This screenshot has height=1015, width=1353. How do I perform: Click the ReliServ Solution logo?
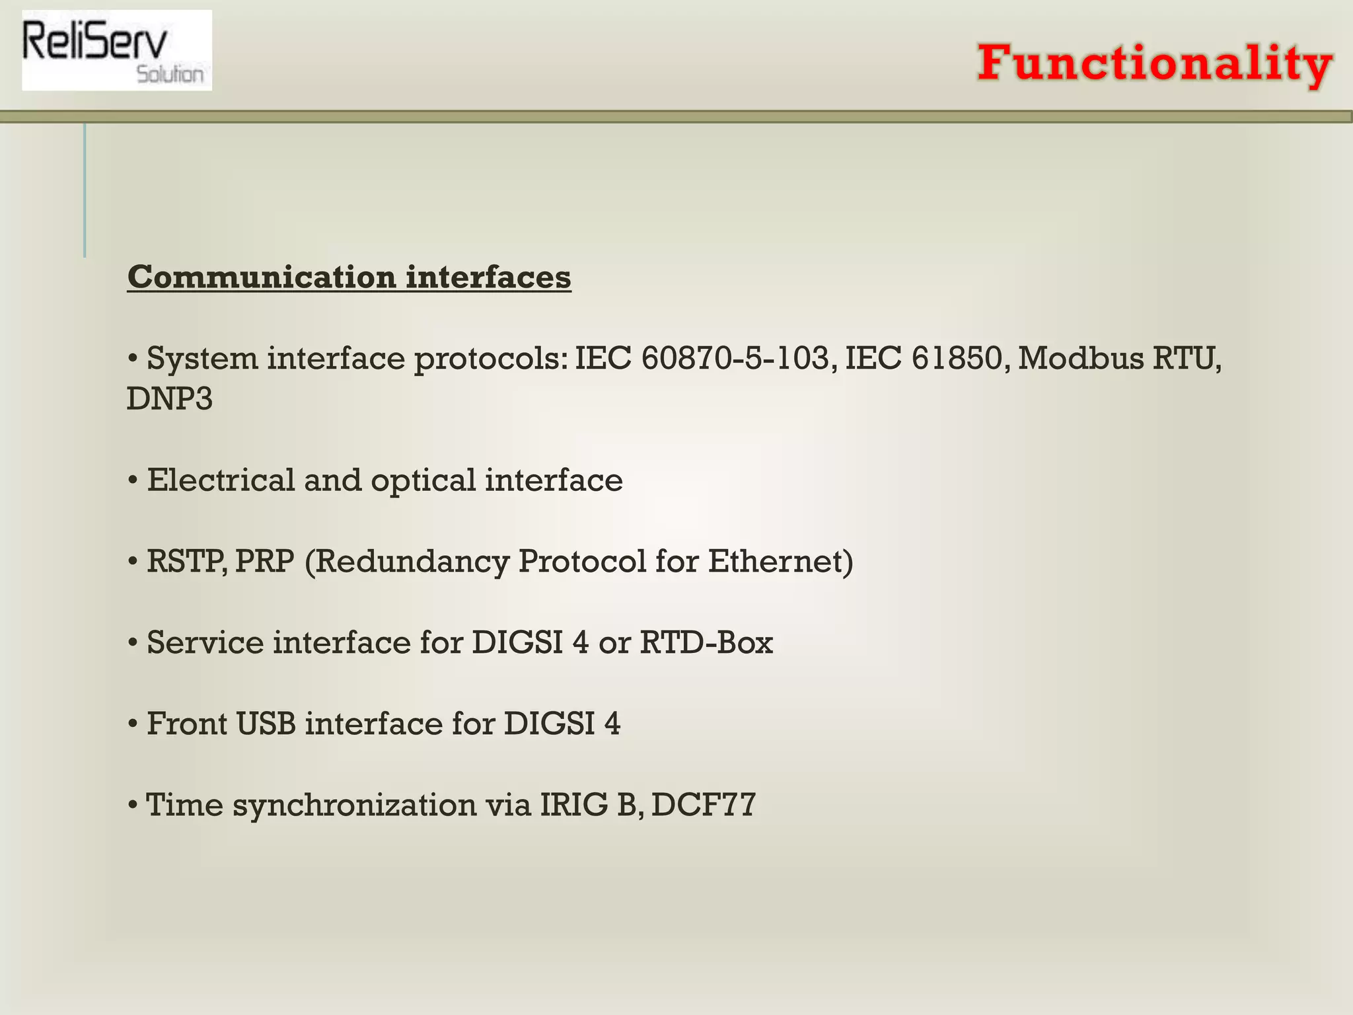point(117,50)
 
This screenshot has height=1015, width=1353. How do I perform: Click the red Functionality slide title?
point(1154,63)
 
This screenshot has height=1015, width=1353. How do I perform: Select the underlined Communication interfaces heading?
point(349,277)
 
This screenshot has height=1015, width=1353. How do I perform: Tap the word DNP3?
point(170,399)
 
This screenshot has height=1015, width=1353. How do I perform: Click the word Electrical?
point(221,480)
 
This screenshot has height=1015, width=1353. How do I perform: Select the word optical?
point(423,481)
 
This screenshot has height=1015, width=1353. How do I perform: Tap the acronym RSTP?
point(186,562)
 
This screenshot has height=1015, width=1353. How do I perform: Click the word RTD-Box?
point(706,642)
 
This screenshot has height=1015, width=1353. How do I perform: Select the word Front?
point(187,724)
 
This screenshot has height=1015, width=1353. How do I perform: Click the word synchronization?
point(354,806)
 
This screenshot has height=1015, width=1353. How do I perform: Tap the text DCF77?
point(703,805)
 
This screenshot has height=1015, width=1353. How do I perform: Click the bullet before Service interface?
point(133,642)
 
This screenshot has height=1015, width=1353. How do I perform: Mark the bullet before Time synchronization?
point(133,805)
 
